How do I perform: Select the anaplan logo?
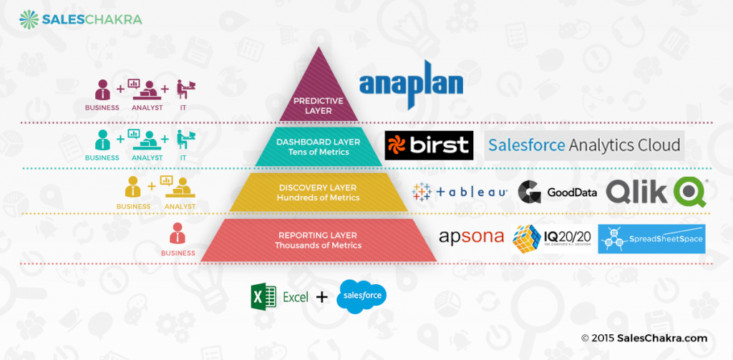410,85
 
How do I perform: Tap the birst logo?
429,145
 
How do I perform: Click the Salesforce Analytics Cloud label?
583,145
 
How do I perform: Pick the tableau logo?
460,191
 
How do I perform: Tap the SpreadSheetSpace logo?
651,239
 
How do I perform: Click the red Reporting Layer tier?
319,240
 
